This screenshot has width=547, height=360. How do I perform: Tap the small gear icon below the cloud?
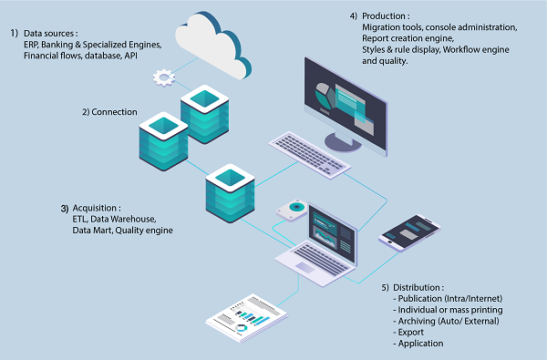[164, 79]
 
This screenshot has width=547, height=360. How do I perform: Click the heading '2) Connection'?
[109, 112]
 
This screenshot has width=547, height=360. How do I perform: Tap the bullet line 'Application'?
[420, 344]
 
